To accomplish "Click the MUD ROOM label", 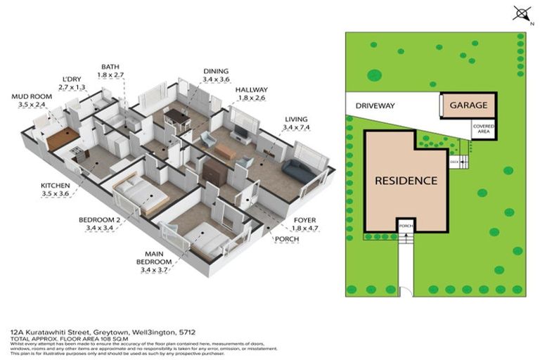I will coord(28,96).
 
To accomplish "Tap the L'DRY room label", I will coord(72,79).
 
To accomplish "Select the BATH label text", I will coord(111,65).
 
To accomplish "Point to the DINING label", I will coord(216,70).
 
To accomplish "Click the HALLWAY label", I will coord(250,90).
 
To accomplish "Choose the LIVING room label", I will coord(295,120).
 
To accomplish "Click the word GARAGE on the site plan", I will coord(468,105).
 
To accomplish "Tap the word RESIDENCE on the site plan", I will coord(406,181).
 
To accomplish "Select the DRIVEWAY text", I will coord(375,106).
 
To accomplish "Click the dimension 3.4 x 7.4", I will coord(295,128).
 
